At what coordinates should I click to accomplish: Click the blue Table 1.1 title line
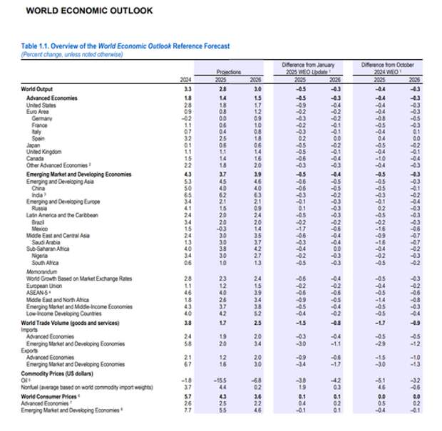[125, 46]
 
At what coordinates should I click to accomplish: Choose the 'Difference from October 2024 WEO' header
[388, 68]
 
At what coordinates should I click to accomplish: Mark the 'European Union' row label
[45, 284]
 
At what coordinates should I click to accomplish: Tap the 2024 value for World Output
[187, 89]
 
